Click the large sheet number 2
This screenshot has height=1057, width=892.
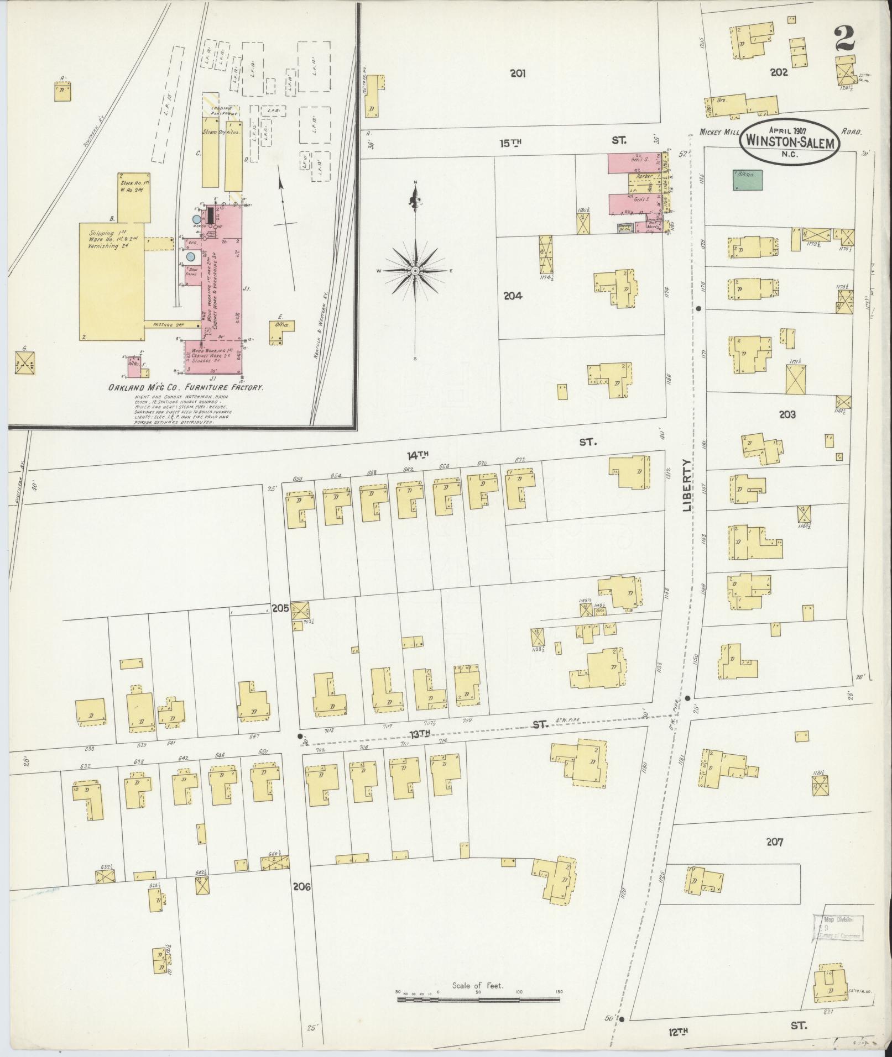pyautogui.click(x=844, y=40)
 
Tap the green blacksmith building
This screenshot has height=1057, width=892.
pyautogui.click(x=747, y=180)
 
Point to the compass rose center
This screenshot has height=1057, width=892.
pyautogui.click(x=415, y=271)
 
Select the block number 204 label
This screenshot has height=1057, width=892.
pyautogui.click(x=513, y=296)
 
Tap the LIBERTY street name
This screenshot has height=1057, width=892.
pyautogui.click(x=687, y=485)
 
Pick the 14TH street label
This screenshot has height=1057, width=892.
pyautogui.click(x=418, y=454)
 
